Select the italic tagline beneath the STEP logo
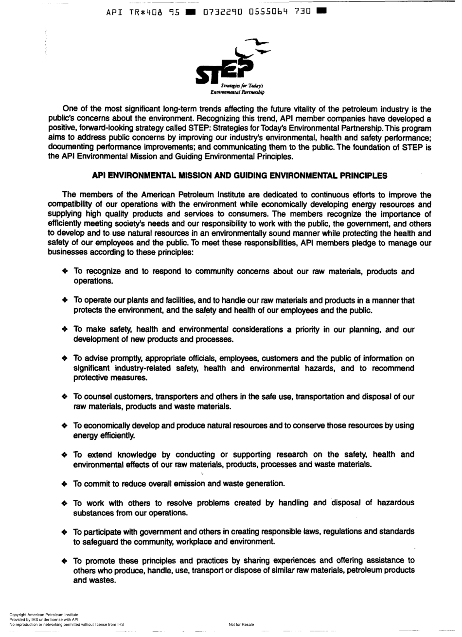(237, 88)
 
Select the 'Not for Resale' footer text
(241, 624)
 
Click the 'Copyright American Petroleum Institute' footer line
(44, 615)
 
